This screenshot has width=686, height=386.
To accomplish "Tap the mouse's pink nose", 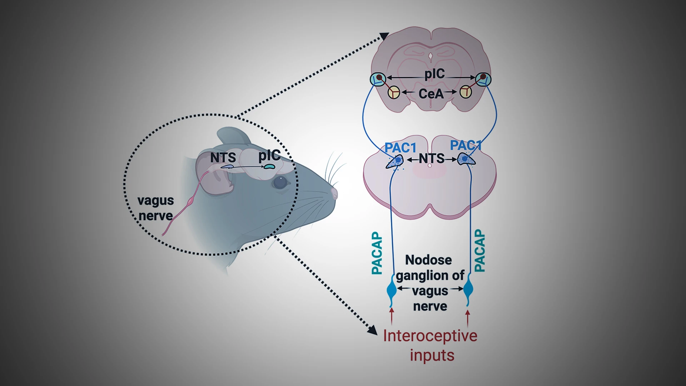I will click(334, 193).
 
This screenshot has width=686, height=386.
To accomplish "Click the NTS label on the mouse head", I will click(223, 158).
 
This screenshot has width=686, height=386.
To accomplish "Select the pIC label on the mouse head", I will click(269, 155).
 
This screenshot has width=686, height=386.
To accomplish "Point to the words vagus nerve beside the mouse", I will click(156, 208).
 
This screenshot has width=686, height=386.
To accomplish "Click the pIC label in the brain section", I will click(434, 74).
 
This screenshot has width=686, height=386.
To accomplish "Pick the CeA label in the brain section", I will click(431, 94).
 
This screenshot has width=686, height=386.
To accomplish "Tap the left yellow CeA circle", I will click(394, 93).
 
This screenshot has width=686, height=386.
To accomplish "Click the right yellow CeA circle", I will click(466, 92).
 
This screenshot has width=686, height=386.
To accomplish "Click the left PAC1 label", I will click(400, 148).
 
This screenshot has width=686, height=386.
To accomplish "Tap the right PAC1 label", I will click(466, 145).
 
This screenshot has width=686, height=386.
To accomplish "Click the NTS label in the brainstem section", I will click(432, 158).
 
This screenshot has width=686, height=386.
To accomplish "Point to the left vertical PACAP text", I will click(377, 253).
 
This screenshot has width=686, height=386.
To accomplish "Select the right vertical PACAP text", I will click(479, 251).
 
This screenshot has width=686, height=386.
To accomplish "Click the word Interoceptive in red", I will click(430, 336).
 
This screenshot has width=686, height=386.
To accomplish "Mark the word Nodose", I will click(428, 260).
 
